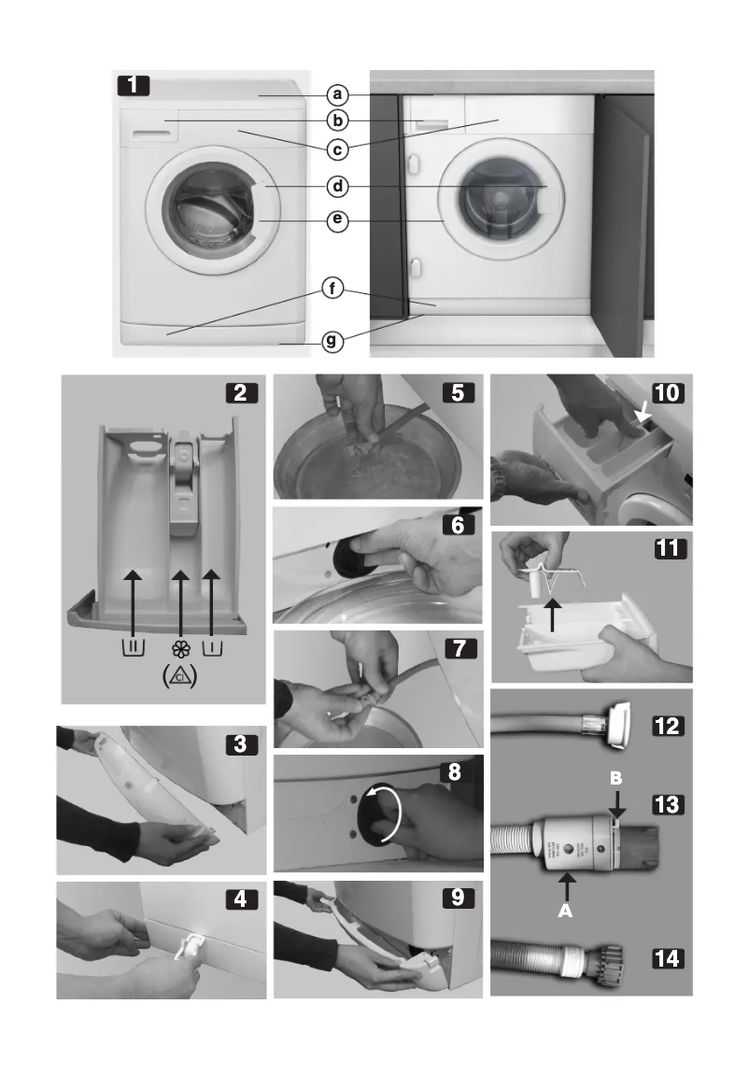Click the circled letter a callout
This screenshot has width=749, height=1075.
click(338, 95)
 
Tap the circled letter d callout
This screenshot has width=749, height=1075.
click(338, 187)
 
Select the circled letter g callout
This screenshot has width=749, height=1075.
click(331, 342)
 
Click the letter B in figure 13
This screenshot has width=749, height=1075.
click(615, 777)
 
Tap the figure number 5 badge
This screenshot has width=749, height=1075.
click(458, 393)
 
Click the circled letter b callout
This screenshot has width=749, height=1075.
click(338, 120)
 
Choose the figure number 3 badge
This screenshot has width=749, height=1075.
click(243, 745)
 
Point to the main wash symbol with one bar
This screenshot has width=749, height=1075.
click(213, 647)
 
